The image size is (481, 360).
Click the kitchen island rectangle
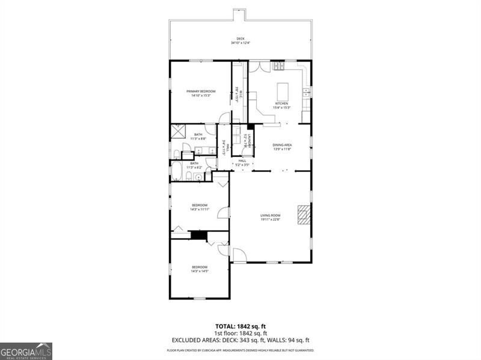[x=283, y=91]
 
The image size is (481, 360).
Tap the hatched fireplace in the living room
[x=304, y=214]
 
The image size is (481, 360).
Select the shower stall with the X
[x=179, y=132]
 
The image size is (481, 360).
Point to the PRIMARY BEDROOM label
[x=200, y=91]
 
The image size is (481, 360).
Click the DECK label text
[x=240, y=38]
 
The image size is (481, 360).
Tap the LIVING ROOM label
[x=270, y=215]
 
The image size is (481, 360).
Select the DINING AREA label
[x=282, y=145]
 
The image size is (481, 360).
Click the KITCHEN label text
[x=282, y=103]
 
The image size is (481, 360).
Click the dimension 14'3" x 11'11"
[x=200, y=209]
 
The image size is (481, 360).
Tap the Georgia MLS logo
[x=26, y=351]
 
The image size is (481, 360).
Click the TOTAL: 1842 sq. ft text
[x=240, y=327]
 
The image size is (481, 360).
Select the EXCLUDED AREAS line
[x=240, y=340]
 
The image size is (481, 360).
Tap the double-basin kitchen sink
[x=307, y=92]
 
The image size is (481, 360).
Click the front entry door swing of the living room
[x=239, y=255]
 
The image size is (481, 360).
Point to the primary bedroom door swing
[x=224, y=118]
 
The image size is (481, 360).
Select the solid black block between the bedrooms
[x=198, y=234]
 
